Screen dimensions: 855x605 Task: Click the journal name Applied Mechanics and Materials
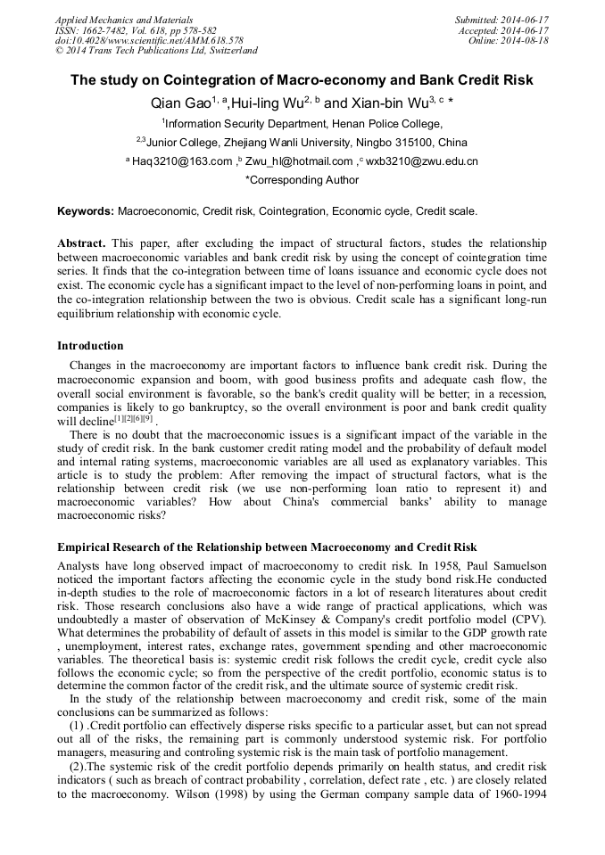tap(123, 20)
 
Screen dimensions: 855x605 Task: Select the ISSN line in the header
tap(135, 30)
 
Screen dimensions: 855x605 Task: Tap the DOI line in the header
tap(148, 41)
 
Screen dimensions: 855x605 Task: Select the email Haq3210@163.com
tap(183, 161)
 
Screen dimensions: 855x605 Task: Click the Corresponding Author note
tap(302, 180)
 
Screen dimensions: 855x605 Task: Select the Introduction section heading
tap(90, 346)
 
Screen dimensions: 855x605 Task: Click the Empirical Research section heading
tap(267, 547)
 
